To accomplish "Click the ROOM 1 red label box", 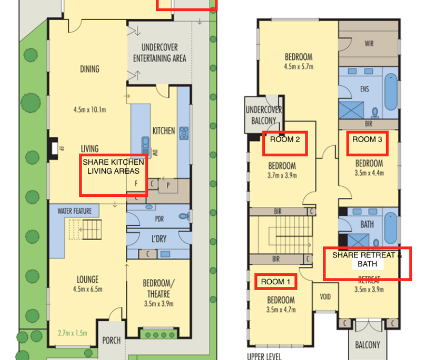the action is tap(275, 282).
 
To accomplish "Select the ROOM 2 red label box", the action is tap(285, 144).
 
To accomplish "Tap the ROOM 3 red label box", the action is tap(367, 143).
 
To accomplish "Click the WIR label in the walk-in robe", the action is tap(369, 44).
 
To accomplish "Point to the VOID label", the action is tap(325, 297).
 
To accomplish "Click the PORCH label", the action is tap(111, 340).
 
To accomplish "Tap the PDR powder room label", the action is tap(160, 219).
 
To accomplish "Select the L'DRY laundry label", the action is tap(159, 239).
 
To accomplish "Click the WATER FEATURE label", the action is tap(75, 211).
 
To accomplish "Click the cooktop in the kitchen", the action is tap(184, 133).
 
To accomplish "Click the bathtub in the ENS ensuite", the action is tap(391, 92).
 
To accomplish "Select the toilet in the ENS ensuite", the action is tap(375, 113).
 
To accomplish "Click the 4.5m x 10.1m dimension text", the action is tap(90, 109).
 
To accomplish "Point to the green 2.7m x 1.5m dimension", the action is tap(72, 333).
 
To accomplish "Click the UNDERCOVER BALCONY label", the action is tap(263, 115).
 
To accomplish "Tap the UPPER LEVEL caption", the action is tap(264, 356).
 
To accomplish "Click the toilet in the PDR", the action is tap(184, 216).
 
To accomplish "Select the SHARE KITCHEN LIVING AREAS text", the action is tap(113, 166).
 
